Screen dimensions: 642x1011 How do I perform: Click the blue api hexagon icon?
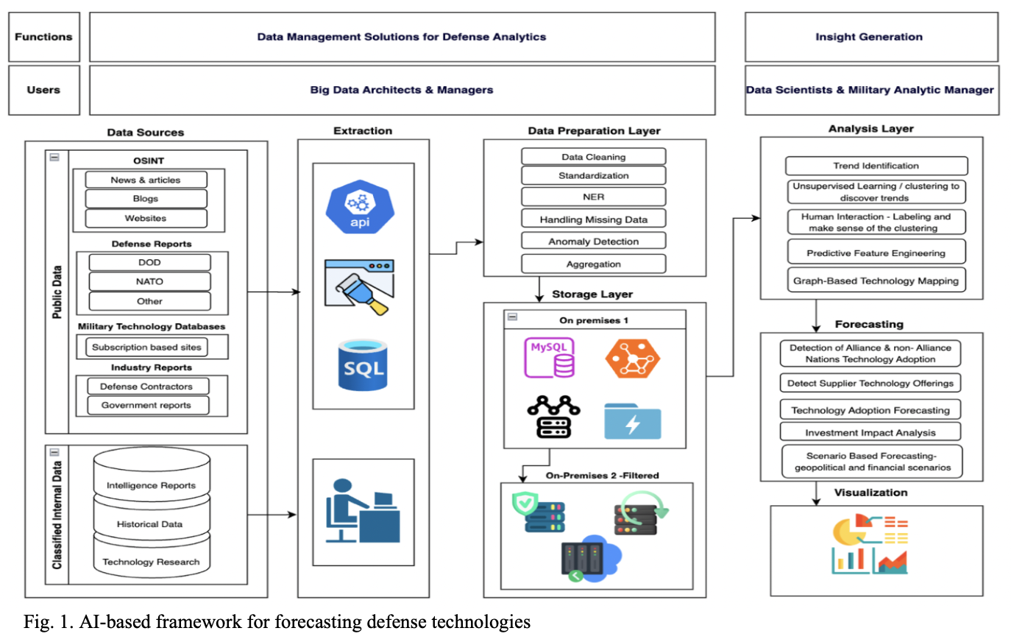coord(360,208)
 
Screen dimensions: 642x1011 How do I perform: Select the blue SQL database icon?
coord(363,365)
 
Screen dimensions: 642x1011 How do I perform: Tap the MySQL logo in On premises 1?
coord(550,358)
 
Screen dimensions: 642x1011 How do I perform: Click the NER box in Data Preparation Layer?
coord(593,197)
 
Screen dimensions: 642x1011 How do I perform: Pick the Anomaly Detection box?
coord(593,241)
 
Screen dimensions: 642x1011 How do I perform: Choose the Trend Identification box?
coord(876,166)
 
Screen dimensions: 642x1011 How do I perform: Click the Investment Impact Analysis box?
coord(870,432)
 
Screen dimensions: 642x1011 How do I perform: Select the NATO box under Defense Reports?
coord(149,281)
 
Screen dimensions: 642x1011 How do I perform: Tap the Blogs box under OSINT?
coord(146,198)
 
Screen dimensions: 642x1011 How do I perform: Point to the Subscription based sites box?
coord(146,347)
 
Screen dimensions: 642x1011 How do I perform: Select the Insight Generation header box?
coord(869,37)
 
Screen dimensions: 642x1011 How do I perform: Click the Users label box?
coord(43,90)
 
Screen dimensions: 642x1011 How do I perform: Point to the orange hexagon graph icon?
coord(633,359)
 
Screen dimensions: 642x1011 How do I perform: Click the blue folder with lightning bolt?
coord(632,421)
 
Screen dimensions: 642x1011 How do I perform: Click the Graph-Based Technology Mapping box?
coord(876,281)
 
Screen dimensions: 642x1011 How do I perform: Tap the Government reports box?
coord(146,405)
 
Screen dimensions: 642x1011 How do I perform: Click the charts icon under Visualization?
coord(871,544)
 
